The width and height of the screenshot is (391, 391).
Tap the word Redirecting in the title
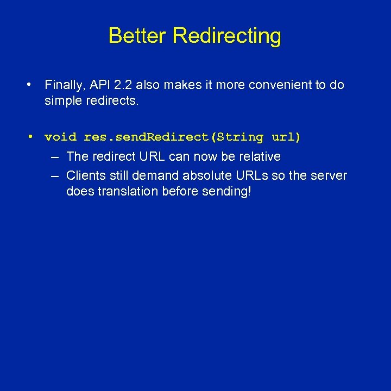tap(227, 36)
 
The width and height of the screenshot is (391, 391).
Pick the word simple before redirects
tap(63, 101)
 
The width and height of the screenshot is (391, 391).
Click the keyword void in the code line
tap(61, 137)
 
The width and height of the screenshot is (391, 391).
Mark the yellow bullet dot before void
tap(31, 137)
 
